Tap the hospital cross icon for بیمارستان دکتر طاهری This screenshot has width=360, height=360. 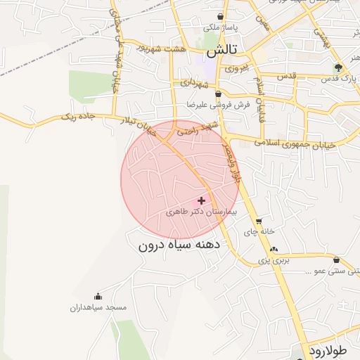[202, 200]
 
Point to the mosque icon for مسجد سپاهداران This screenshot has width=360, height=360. [98, 297]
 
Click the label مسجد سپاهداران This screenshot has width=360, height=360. [98, 308]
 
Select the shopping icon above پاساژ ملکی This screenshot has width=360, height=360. [221, 16]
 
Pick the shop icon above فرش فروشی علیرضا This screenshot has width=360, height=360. [218, 94]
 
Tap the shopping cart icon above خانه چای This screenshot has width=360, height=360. [259, 220]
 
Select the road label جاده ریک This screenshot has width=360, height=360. [77, 115]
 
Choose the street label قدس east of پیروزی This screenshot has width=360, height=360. [288, 75]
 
